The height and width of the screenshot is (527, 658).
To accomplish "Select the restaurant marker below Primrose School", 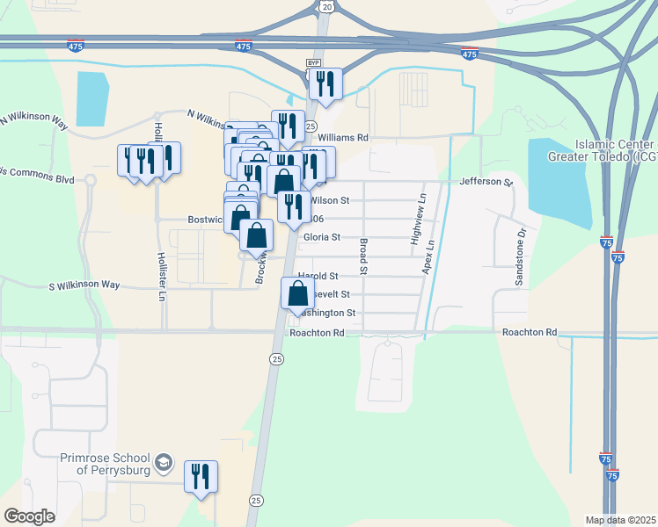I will [201, 477].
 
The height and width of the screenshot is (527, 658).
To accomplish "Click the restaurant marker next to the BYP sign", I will [325, 84].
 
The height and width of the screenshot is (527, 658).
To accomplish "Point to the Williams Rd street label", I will [342, 138].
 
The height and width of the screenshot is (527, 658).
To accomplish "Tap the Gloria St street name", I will [322, 237].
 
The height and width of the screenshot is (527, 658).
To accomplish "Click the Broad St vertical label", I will [362, 248].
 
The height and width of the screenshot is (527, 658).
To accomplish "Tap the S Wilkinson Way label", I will [84, 285].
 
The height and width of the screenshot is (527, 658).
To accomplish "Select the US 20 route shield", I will [327, 7].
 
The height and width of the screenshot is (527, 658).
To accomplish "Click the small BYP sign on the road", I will [311, 63].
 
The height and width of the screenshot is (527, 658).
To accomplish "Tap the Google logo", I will [29, 516].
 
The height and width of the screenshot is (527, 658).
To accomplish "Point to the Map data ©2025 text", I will [619, 519].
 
